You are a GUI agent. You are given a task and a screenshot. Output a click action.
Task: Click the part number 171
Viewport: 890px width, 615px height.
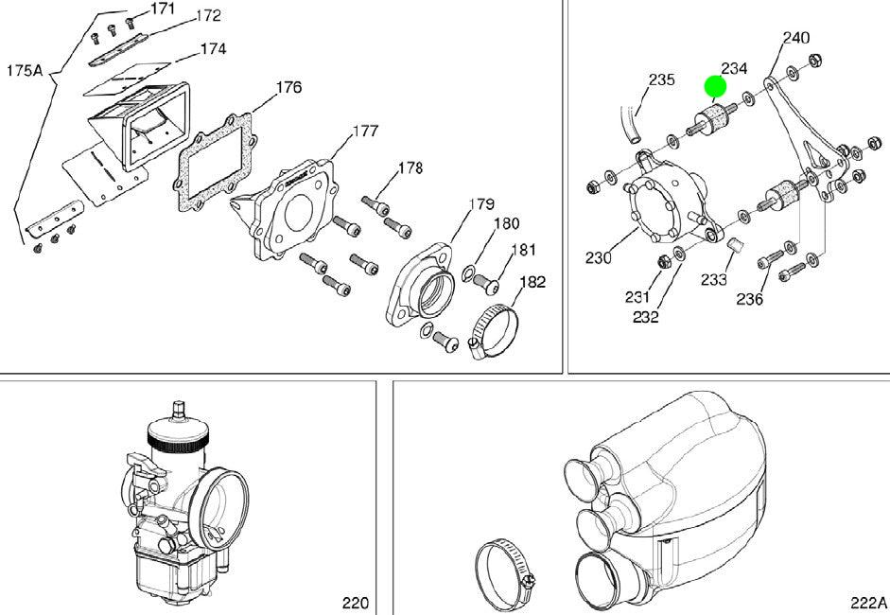164,9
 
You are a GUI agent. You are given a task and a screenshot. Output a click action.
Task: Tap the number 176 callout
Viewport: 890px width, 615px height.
288,88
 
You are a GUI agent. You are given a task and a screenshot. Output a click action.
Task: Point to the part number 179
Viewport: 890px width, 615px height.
481,204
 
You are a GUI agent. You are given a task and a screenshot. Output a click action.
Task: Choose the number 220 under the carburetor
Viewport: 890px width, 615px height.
355,603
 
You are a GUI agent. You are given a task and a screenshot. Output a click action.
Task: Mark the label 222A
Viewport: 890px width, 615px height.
867,603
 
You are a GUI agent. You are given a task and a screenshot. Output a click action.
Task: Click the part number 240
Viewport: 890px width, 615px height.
796,38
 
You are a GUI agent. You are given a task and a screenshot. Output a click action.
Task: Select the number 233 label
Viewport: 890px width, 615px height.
714,280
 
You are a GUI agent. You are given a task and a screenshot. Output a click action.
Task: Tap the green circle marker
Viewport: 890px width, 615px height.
715,88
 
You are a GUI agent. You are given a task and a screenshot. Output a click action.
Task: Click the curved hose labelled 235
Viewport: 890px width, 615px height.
626,124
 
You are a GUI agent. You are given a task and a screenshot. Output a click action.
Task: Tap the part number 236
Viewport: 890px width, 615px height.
750,299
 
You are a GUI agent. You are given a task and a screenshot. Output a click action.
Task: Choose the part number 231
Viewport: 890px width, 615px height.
637,297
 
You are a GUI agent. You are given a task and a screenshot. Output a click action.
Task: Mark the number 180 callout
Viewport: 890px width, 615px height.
506,224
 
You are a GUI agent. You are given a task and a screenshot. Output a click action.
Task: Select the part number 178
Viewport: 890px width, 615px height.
410,168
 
